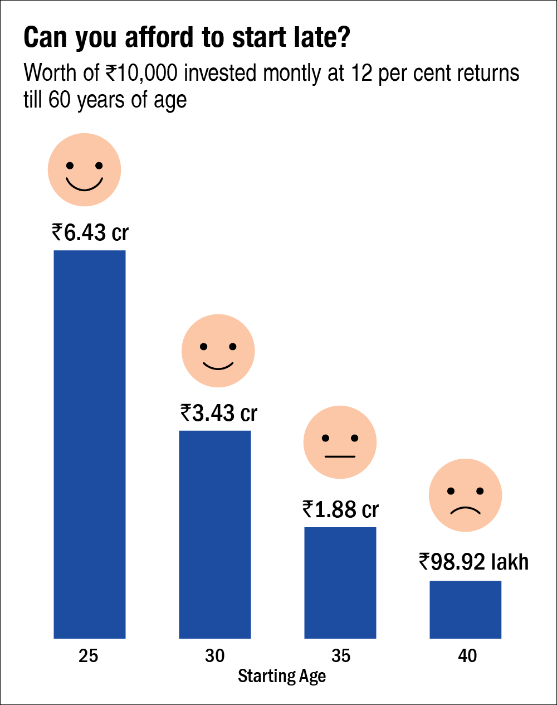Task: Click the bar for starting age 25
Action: pyautogui.click(x=90, y=444)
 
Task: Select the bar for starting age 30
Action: pyautogui.click(x=215, y=534)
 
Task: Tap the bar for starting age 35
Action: pyautogui.click(x=340, y=582)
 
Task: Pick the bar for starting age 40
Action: pyautogui.click(x=466, y=609)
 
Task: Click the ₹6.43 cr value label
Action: pyautogui.click(x=90, y=232)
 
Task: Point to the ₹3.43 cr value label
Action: pyautogui.click(x=219, y=413)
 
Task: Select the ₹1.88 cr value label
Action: pyautogui.click(x=341, y=509)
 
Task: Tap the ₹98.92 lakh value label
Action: pyautogui.click(x=473, y=562)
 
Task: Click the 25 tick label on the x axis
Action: pyautogui.click(x=89, y=656)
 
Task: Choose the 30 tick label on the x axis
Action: pyautogui.click(x=215, y=656)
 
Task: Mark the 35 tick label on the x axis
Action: pyautogui.click(x=341, y=656)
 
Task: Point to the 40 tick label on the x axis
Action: pyautogui.click(x=467, y=656)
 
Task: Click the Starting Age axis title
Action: pyautogui.click(x=282, y=677)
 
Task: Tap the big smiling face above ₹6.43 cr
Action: pyautogui.click(x=84, y=170)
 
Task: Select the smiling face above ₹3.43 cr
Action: pyautogui.click(x=218, y=351)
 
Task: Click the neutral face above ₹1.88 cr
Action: pyautogui.click(x=340, y=443)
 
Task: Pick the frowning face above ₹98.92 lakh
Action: pyautogui.click(x=465, y=495)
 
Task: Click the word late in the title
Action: pyautogui.click(x=321, y=38)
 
